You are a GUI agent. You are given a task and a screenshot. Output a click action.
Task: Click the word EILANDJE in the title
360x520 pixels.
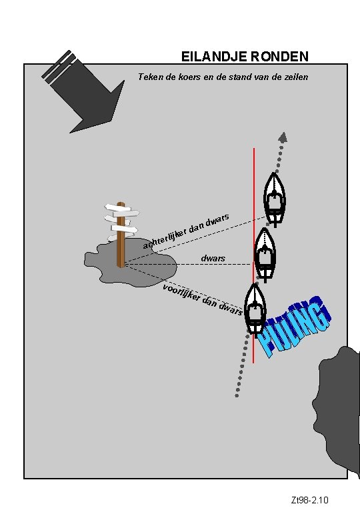click(214, 57)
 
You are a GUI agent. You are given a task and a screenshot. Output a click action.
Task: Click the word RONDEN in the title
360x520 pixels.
click(279, 57)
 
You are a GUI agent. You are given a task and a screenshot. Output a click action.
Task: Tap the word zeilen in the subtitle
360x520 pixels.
click(296, 77)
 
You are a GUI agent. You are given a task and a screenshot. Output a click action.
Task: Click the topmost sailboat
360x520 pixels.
click(275, 199)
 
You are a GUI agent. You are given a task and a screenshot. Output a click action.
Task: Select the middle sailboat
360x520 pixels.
click(265, 255)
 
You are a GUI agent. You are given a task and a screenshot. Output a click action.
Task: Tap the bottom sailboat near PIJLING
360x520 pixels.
click(255, 309)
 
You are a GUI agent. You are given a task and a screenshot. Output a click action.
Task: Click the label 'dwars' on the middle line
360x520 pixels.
click(213, 258)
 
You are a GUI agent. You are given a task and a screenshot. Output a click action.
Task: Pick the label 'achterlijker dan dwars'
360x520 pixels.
click(186, 231)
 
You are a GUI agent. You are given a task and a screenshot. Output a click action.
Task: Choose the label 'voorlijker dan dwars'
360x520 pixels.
click(203, 299)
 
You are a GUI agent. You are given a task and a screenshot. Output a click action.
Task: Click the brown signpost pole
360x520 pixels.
click(121, 235)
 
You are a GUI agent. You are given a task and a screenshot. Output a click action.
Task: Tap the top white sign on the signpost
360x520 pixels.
click(118, 208)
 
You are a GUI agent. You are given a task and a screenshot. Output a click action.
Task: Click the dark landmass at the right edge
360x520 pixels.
click(338, 411)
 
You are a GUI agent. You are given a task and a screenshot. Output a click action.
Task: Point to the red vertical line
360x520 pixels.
click(254, 255)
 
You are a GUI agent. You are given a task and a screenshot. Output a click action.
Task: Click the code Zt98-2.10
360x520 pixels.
click(309, 500)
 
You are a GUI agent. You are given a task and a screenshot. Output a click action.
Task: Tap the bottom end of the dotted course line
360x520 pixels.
click(237, 396)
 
